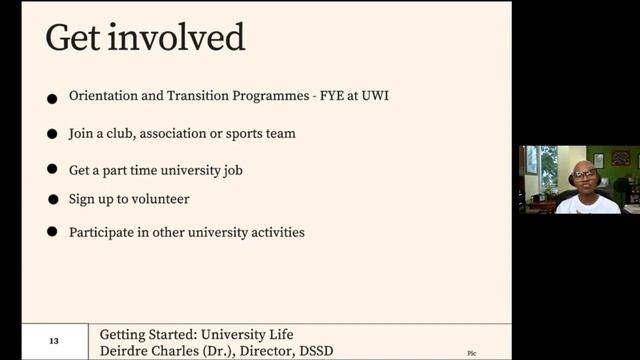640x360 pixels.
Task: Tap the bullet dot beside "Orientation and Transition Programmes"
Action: [x=52, y=99]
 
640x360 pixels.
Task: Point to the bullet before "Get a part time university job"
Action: [x=52, y=171]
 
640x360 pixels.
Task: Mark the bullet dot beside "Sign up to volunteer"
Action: [x=52, y=201]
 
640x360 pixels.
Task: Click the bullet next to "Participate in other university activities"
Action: [x=52, y=233]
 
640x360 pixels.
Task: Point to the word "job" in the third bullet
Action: [x=232, y=170]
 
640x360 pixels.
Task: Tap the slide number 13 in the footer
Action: [x=54, y=342]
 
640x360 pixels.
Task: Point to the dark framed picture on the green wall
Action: [x=621, y=158]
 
